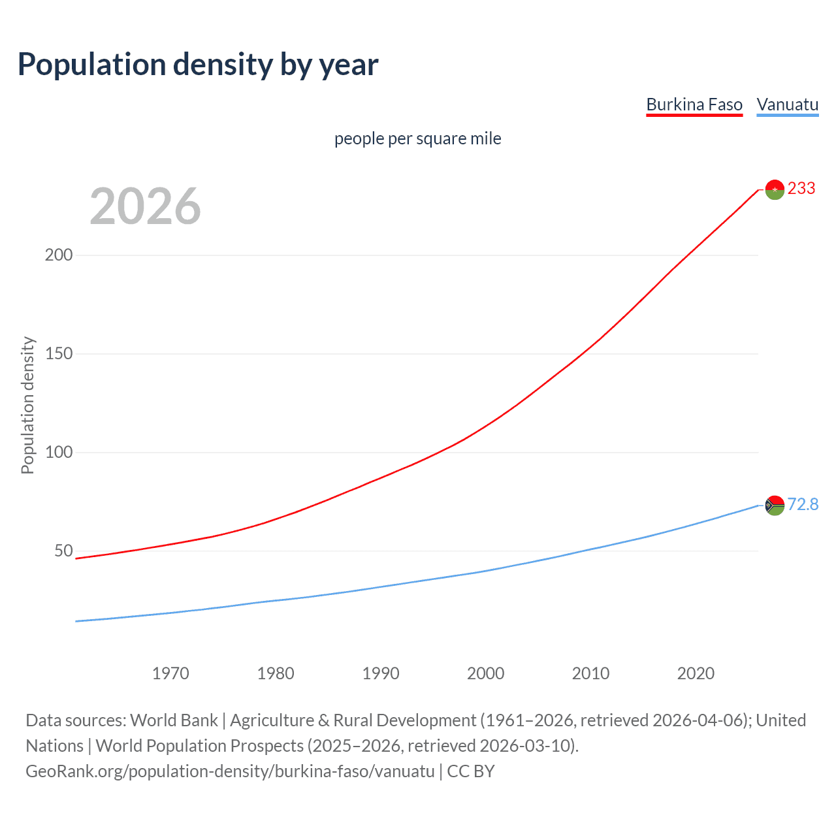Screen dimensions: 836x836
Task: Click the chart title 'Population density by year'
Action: [x=198, y=65]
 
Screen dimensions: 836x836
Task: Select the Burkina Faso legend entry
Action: [x=694, y=104]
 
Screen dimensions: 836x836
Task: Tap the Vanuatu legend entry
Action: [x=787, y=104]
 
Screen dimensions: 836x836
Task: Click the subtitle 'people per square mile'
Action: [x=418, y=138]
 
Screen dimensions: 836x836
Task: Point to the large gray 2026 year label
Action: [x=145, y=206]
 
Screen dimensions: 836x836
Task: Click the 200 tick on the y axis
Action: [x=59, y=255]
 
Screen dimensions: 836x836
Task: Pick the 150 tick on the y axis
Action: [x=59, y=353]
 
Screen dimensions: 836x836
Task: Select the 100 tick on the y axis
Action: [x=59, y=452]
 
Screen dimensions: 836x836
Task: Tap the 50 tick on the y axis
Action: [x=63, y=551]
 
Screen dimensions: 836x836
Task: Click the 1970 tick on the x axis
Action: [x=170, y=673]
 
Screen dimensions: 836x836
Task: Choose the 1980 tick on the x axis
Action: [x=276, y=673]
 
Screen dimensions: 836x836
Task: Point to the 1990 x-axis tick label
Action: [x=381, y=673]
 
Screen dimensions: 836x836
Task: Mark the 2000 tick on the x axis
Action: [x=485, y=673]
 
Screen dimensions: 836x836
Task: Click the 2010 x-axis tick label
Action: [x=590, y=673]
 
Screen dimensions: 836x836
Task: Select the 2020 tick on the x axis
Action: [x=696, y=673]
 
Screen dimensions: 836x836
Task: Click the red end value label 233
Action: [x=801, y=189]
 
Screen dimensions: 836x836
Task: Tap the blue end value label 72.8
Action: [x=803, y=504]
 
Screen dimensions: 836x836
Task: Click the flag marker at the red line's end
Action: [x=775, y=189]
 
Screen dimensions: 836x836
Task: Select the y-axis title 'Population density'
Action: [x=27, y=405]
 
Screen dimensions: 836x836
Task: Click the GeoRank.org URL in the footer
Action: [x=230, y=771]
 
